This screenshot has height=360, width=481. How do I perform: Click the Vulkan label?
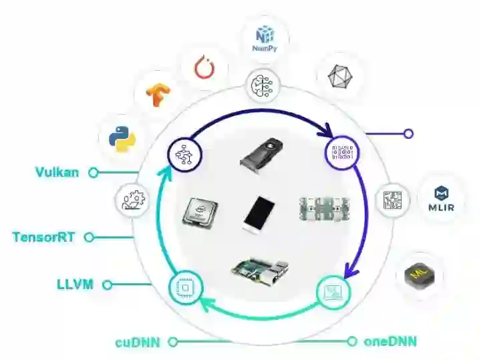coord(57,172)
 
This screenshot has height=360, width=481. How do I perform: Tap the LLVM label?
coord(75,285)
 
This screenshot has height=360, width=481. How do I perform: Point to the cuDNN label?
coord(137,342)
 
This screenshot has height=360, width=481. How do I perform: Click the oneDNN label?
coord(390,342)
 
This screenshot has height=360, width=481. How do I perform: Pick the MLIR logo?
coord(440,198)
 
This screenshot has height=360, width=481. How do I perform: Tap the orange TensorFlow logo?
coord(158,95)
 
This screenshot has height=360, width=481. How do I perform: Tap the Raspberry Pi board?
coord(261,268)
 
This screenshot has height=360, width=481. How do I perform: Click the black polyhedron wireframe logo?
coord(339,77)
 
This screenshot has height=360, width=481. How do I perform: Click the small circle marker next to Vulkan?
coord(94,172)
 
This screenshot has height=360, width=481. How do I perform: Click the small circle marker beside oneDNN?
coord(352,342)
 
